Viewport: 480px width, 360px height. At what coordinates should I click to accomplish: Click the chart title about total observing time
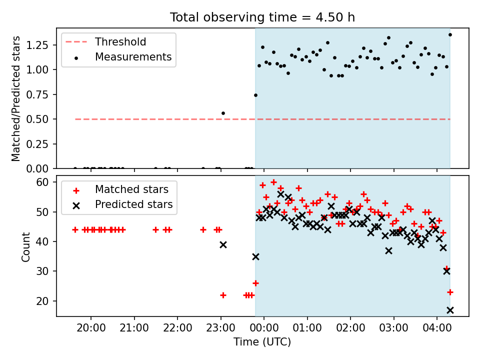click(x=262, y=17)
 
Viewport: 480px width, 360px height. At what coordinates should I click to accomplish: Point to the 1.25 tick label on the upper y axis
click(x=37, y=45)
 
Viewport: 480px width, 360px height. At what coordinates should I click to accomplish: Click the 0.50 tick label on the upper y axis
click(x=37, y=119)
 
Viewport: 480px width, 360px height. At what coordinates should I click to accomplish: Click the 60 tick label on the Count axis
click(x=42, y=182)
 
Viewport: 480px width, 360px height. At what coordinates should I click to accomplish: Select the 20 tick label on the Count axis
click(x=42, y=301)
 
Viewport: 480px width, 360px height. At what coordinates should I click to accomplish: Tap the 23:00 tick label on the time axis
click(x=220, y=328)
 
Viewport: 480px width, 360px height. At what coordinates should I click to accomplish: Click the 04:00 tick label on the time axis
click(x=437, y=328)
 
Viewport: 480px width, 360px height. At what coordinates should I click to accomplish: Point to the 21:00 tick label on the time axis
click(x=134, y=328)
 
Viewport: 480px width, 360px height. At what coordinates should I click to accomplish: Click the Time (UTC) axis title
click(x=262, y=341)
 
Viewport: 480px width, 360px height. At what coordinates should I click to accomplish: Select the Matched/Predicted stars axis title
click(x=15, y=98)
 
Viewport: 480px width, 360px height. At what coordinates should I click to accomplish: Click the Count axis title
click(x=25, y=246)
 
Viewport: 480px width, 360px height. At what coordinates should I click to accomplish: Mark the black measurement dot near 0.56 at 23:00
click(x=223, y=113)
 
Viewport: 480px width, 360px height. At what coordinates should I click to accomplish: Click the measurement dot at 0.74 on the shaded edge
click(x=255, y=95)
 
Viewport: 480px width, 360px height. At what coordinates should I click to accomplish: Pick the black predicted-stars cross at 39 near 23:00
click(x=223, y=244)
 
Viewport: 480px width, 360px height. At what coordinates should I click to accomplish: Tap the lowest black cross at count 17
click(x=450, y=310)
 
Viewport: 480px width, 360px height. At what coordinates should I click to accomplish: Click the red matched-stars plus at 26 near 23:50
click(x=255, y=283)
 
